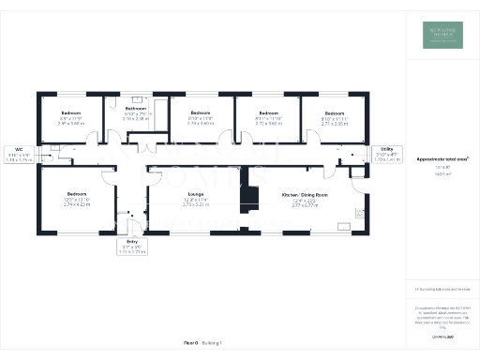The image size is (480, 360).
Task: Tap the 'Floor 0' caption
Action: point(190,344)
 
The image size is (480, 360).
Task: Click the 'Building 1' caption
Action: point(215,344)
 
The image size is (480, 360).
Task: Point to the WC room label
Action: point(19,148)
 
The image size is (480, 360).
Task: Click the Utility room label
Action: point(386,148)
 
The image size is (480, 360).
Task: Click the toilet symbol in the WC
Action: point(57,148)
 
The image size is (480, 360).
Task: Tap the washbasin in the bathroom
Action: point(138,97)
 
